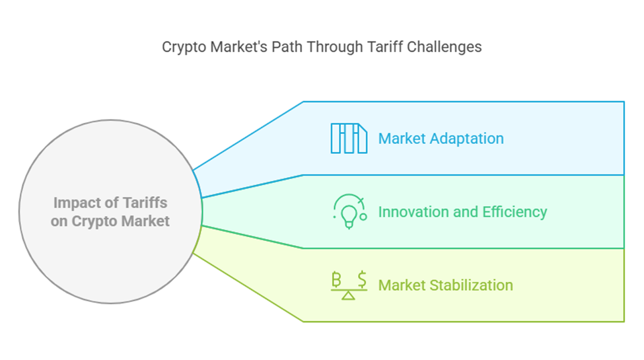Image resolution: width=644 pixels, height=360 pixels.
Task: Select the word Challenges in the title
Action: (445, 48)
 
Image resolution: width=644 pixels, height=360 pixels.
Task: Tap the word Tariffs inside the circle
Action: (145, 203)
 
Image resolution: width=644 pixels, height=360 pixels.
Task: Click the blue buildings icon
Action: (349, 139)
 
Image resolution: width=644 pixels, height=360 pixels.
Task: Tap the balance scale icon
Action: (349, 285)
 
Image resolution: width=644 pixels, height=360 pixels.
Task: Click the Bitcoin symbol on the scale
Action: (336, 279)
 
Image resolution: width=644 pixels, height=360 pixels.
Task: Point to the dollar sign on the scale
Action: (362, 279)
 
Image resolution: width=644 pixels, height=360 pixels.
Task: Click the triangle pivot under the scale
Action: (348, 295)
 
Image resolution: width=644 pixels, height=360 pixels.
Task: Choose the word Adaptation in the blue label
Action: (466, 139)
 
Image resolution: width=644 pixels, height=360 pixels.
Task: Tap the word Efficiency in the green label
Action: (515, 212)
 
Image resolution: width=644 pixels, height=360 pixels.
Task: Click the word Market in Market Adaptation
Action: (402, 139)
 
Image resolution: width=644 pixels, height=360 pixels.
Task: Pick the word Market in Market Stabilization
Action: (402, 285)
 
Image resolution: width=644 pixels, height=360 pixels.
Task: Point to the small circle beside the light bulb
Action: (363, 217)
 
